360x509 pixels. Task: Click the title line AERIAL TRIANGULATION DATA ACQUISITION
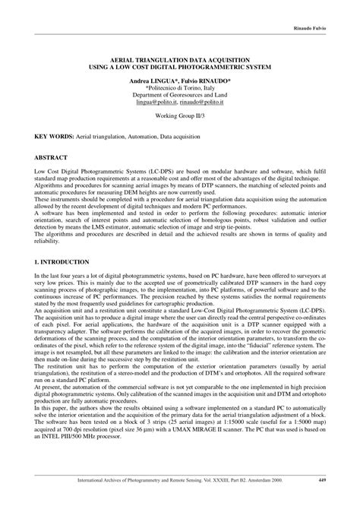pos(181,58)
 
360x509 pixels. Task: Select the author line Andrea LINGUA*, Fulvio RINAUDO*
pos(181,79)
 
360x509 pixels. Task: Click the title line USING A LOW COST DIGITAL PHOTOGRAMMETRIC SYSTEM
pos(181,66)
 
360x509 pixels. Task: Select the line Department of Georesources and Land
pos(181,96)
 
